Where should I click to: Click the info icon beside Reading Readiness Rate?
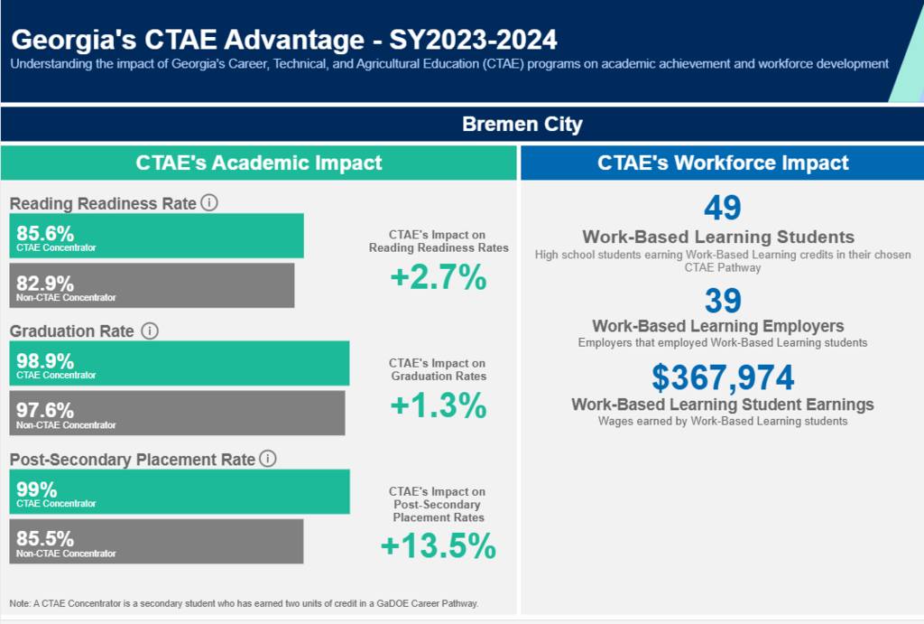(x=209, y=203)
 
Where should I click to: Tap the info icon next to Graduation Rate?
(x=150, y=331)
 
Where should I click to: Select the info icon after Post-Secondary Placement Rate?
(x=267, y=459)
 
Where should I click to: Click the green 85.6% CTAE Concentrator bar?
(x=157, y=236)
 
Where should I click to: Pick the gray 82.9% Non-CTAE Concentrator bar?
(x=152, y=285)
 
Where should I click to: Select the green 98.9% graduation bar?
(x=180, y=363)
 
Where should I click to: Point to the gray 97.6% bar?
(x=178, y=413)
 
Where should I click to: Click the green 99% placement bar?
(x=180, y=492)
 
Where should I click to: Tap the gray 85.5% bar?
(x=157, y=542)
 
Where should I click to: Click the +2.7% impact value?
(x=439, y=277)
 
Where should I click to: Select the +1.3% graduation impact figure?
(x=439, y=405)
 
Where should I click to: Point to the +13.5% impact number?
(x=439, y=545)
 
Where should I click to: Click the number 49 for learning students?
(x=723, y=208)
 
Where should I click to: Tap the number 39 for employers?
(x=723, y=301)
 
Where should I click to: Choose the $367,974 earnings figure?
(x=723, y=377)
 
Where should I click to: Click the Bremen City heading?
(x=522, y=125)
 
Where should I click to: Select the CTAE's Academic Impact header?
(x=259, y=163)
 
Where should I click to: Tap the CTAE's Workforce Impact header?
(x=723, y=163)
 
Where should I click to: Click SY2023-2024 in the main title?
(x=473, y=40)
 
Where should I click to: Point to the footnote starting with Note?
(x=244, y=603)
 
